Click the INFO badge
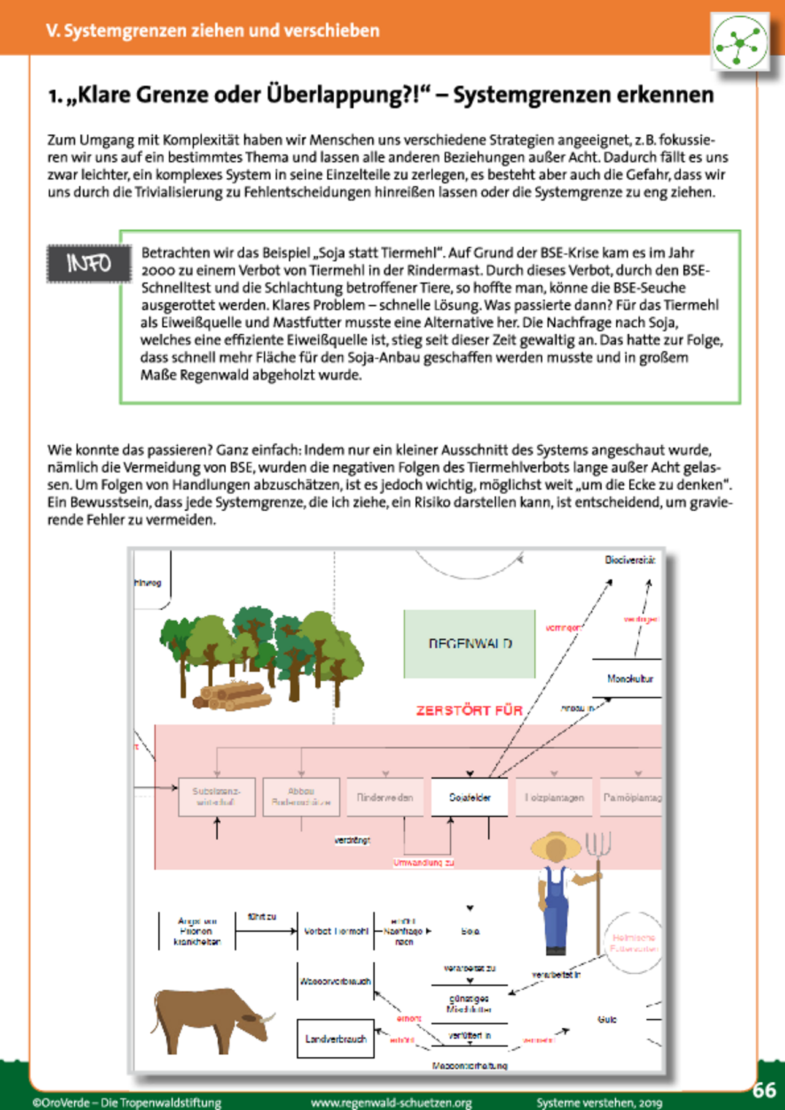(x=90, y=264)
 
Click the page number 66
(x=764, y=1090)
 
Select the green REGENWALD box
(x=469, y=644)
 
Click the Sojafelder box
(x=469, y=797)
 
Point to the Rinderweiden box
(x=385, y=797)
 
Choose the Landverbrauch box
(x=335, y=1039)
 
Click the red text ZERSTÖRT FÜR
(x=469, y=711)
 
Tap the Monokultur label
(x=630, y=679)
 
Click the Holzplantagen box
(x=554, y=797)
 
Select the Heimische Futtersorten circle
(x=634, y=943)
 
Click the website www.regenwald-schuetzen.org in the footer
(x=391, y=1103)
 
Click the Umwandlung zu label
(x=423, y=863)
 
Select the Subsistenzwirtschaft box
(x=216, y=797)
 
